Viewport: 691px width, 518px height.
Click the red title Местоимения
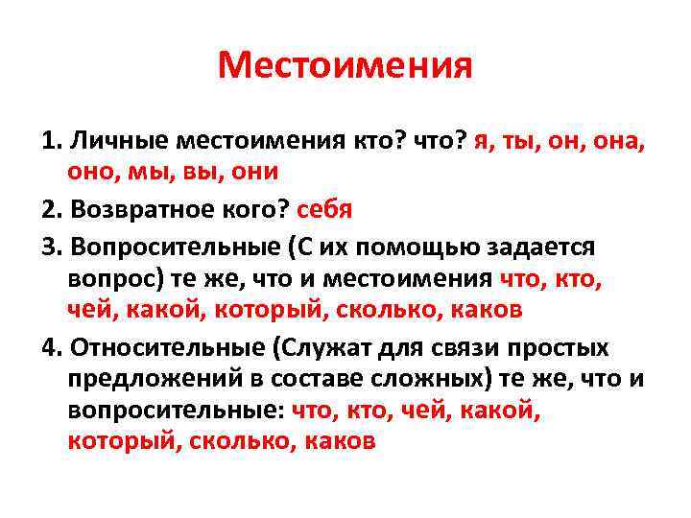[345, 66]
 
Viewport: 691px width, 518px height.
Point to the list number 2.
[50, 208]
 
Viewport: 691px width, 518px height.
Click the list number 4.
[50, 346]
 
